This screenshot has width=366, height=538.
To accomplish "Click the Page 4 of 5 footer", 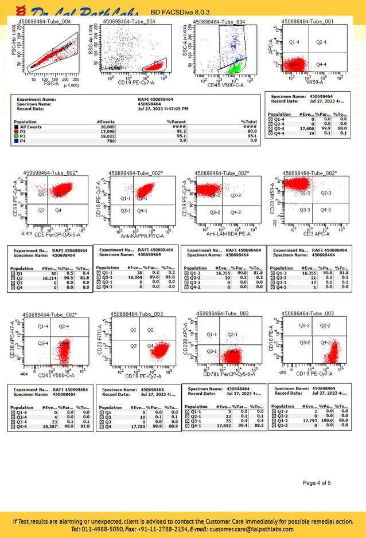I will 317,483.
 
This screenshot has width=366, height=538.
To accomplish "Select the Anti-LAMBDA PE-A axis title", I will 227,234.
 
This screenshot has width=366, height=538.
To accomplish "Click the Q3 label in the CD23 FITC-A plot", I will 133,346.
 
